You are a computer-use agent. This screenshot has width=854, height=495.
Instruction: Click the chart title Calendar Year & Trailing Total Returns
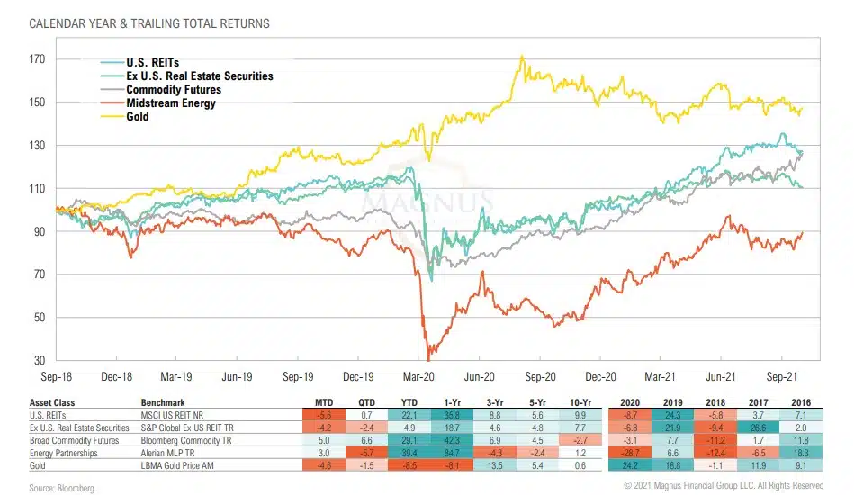149,21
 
